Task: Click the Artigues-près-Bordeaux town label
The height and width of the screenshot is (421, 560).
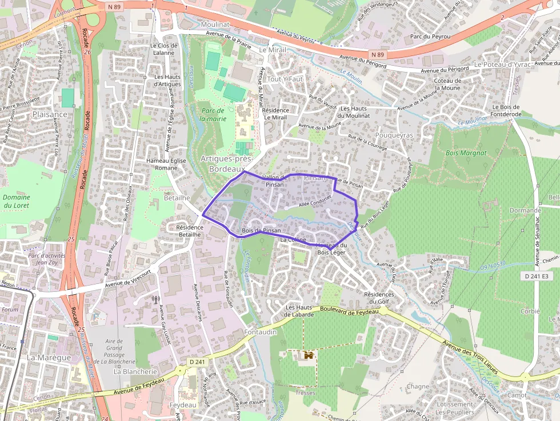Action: (x=226, y=164)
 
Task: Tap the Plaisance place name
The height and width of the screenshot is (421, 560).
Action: (x=50, y=114)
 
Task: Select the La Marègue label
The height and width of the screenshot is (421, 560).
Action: (x=49, y=358)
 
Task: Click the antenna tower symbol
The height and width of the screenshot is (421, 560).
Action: (x=154, y=299)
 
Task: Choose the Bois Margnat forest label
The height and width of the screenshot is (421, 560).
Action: (x=466, y=153)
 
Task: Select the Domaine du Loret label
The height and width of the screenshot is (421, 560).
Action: (x=17, y=201)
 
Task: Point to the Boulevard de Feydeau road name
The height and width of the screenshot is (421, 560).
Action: (x=350, y=311)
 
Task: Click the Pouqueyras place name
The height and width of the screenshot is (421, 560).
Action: (x=394, y=135)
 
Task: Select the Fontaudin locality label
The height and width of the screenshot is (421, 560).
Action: (x=260, y=332)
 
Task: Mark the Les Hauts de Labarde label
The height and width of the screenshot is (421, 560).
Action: (x=299, y=311)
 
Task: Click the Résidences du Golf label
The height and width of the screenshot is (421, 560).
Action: (x=379, y=298)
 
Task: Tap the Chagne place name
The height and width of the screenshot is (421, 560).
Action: (x=418, y=387)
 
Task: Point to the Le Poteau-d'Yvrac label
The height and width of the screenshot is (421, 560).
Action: (x=502, y=65)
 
